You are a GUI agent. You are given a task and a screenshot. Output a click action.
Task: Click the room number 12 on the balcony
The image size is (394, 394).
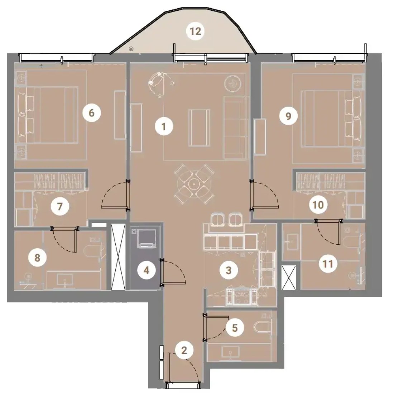coord(196,32)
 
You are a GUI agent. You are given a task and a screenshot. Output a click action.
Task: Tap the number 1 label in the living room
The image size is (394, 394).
coord(164,126)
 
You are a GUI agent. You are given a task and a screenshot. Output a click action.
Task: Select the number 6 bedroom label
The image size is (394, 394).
coord(92,113)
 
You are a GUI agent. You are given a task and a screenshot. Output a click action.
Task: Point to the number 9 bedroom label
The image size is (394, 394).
coord(288,116)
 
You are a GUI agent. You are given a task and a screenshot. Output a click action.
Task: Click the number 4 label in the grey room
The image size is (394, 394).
coord(146,270)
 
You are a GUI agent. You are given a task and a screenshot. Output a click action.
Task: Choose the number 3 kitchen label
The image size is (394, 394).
coord(229,270)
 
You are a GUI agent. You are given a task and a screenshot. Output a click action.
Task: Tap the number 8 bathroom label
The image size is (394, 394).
coord(38,258)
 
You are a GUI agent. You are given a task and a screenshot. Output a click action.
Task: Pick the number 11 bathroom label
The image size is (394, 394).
coord(328,264)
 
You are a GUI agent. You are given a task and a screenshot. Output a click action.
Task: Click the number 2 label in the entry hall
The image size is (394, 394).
coord(184,350)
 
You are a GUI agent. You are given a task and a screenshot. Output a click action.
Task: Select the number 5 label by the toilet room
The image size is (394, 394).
coord(235,328)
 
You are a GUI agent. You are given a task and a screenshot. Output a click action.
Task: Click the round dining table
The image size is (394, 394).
coord(194,184)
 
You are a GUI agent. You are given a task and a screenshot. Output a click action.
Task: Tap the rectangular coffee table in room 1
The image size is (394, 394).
coord(200,128)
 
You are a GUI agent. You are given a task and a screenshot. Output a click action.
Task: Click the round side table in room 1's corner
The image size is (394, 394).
coord(233,83)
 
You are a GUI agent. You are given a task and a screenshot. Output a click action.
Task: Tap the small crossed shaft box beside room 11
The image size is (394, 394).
coord(289,277)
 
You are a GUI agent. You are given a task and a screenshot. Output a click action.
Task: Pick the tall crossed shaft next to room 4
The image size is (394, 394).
coord(118,257)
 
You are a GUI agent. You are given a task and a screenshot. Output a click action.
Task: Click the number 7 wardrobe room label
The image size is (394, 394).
coord(60,207)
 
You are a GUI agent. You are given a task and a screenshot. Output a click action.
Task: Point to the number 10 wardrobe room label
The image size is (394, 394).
coord(318,205)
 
